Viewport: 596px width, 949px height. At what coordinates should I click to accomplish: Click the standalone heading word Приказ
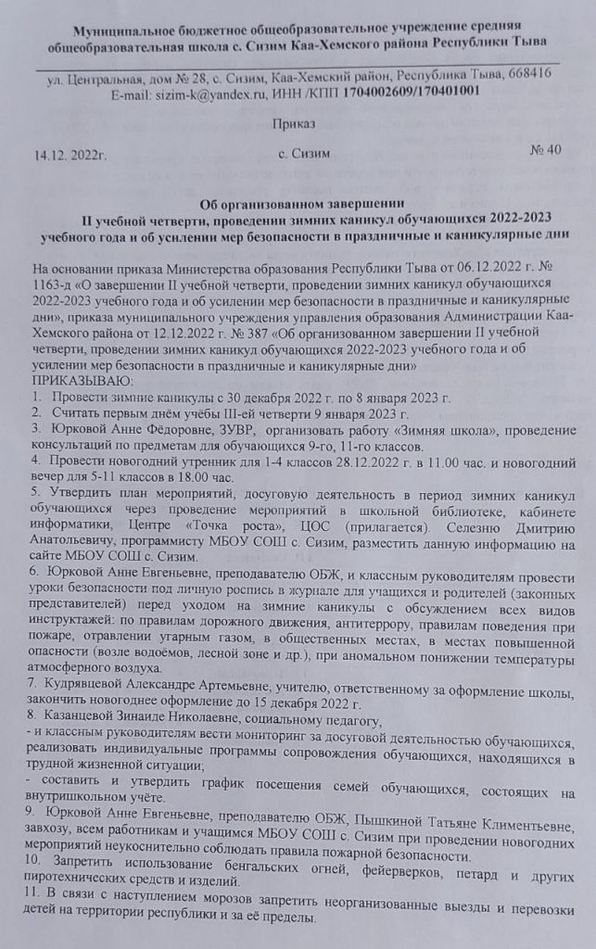[x=294, y=123]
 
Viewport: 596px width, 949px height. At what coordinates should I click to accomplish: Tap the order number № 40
[x=545, y=150]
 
